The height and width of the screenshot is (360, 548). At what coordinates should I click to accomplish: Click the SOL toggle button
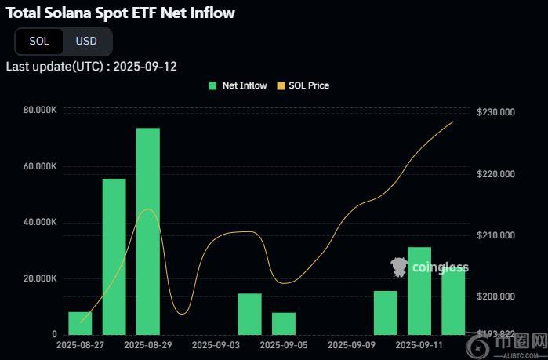pyautogui.click(x=39, y=41)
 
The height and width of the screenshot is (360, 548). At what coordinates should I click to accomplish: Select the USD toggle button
pyautogui.click(x=86, y=41)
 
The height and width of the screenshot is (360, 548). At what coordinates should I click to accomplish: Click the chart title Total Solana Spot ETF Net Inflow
pyautogui.click(x=120, y=13)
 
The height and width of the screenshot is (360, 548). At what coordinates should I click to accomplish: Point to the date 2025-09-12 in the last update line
pyautogui.click(x=145, y=66)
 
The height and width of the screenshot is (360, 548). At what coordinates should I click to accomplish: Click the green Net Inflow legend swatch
pyautogui.click(x=212, y=85)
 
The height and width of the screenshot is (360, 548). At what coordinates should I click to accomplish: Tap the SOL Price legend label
pyautogui.click(x=309, y=85)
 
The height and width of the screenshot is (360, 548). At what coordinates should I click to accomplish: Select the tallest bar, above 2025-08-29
pyautogui.click(x=148, y=231)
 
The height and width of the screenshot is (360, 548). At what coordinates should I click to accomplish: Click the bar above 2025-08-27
pyautogui.click(x=80, y=322)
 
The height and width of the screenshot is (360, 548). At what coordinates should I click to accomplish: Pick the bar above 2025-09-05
pyautogui.click(x=284, y=323)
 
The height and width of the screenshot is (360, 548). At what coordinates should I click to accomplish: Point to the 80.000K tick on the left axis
pyautogui.click(x=40, y=110)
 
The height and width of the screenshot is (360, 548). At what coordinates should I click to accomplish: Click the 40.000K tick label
pyautogui.click(x=40, y=223)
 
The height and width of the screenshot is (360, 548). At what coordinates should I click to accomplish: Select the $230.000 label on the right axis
pyautogui.click(x=495, y=113)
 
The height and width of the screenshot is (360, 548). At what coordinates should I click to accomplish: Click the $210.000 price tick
pyautogui.click(x=495, y=236)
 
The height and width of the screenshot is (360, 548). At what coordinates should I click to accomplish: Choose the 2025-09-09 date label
pyautogui.click(x=351, y=344)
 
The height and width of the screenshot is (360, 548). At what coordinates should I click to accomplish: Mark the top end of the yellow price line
pyautogui.click(x=453, y=121)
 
